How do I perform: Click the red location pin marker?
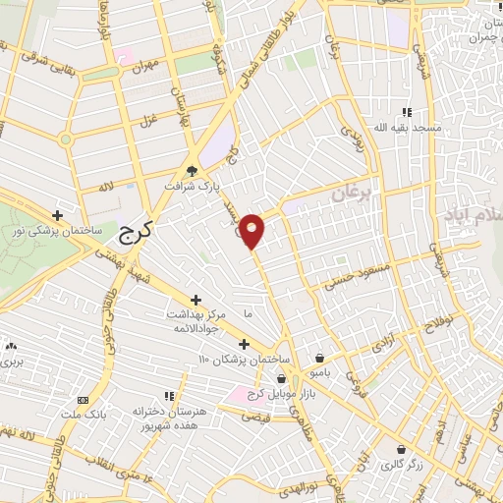[x=252, y=230]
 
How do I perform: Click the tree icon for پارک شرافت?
[x=192, y=169]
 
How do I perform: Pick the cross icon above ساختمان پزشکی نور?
[x=58, y=215]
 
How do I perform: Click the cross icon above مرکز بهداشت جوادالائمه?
[x=196, y=300]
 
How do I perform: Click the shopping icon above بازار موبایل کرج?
[x=283, y=377]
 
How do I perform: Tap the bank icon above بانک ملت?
[x=82, y=401]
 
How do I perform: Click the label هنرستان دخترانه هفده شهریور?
[x=175, y=419]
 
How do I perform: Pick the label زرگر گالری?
[x=401, y=466]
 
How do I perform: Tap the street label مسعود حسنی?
[x=359, y=273]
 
